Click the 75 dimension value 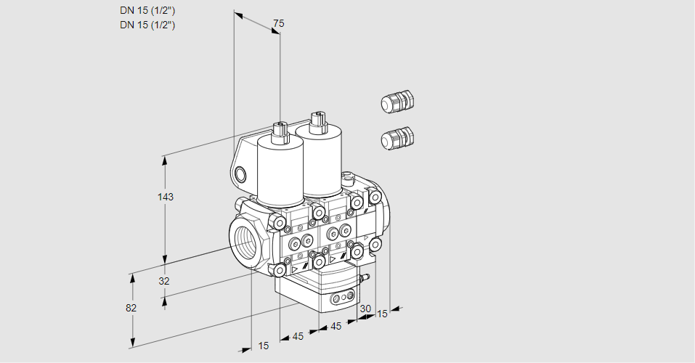pos(278,24)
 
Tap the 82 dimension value pos(131,308)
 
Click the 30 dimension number pos(365,309)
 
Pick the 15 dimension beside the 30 pos(382,314)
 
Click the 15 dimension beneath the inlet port pos(263,346)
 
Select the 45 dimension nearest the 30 pos(336,326)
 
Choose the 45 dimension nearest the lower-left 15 pos(298,336)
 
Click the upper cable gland pos(397,102)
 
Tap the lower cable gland pos(397,138)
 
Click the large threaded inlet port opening pos(244,240)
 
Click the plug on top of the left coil pos(280,132)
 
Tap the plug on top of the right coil pos(317,120)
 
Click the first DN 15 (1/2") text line pos(147,10)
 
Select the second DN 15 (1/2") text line pos(147,25)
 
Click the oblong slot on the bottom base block pos(341,298)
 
